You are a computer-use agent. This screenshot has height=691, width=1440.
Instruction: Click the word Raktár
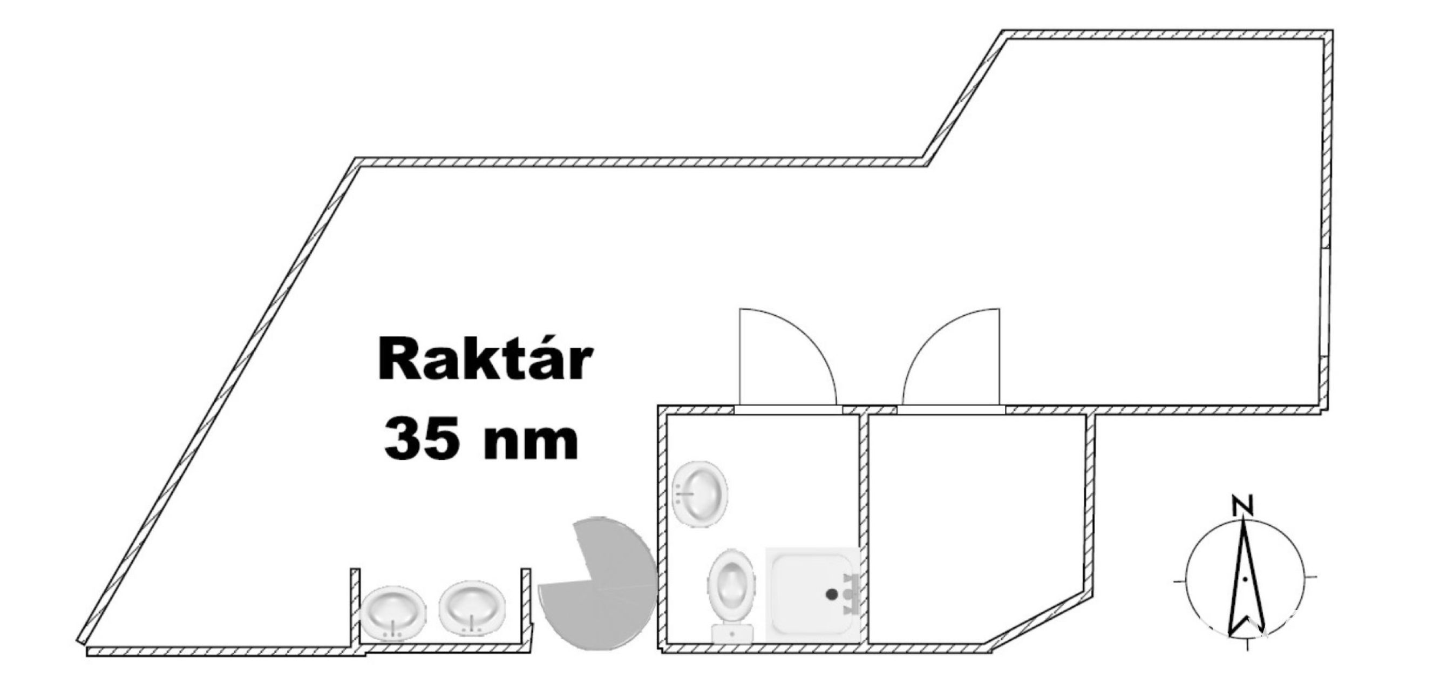484,360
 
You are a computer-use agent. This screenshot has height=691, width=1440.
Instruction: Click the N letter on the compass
1242,505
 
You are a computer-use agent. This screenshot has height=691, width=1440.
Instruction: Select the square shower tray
812,594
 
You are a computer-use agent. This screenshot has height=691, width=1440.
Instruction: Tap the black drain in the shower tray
832,594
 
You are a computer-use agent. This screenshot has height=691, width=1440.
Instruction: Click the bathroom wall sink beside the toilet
700,493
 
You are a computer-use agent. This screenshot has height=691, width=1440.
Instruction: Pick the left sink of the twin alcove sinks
392,613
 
